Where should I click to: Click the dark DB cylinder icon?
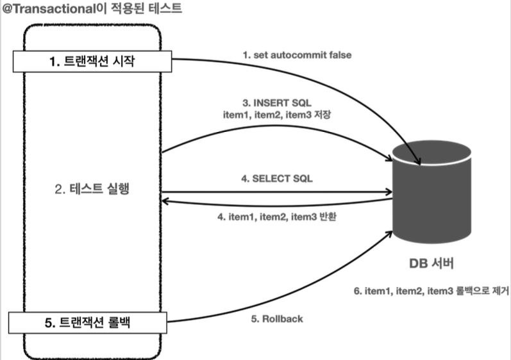tap(432, 192)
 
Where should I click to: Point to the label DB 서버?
tap(432, 263)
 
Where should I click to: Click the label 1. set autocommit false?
tap(296, 55)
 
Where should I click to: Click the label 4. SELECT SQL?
tap(277, 179)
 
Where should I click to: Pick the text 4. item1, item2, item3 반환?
tap(278, 216)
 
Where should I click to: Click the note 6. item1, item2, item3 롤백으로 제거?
tap(431, 290)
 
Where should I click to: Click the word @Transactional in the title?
tap(49, 9)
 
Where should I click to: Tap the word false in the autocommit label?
tap(339, 55)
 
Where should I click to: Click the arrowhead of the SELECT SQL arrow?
tap(389, 191)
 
